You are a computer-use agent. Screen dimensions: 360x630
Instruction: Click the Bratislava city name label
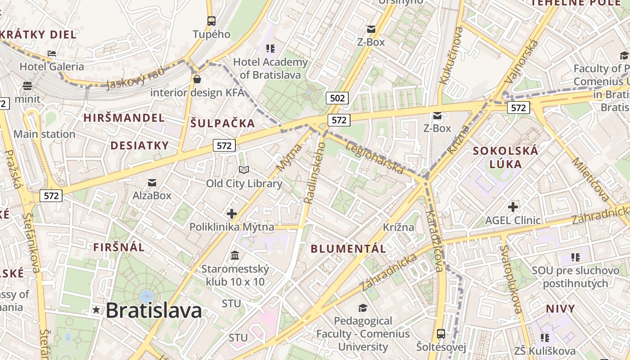click(153, 310)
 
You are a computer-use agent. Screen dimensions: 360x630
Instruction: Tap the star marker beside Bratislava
click(96, 310)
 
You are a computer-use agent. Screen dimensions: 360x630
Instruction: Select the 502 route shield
click(337, 98)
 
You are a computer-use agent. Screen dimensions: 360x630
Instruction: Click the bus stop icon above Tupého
click(211, 21)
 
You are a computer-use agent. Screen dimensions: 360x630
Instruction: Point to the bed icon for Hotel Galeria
click(52, 54)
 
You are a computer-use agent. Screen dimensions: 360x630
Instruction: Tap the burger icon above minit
click(27, 86)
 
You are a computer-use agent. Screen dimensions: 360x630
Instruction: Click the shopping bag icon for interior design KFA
click(197, 80)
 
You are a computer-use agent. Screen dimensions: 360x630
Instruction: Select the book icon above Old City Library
click(244, 170)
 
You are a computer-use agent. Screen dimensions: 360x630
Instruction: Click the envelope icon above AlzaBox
click(152, 183)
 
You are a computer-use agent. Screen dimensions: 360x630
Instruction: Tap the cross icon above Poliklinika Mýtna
click(232, 213)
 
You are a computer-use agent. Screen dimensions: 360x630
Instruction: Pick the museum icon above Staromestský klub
click(234, 256)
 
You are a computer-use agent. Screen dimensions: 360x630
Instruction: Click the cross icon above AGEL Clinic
click(513, 207)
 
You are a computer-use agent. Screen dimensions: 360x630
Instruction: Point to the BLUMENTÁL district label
click(348, 248)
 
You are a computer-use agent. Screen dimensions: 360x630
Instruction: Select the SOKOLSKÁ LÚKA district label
click(505, 157)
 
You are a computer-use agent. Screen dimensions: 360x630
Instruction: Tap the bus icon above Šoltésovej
click(441, 334)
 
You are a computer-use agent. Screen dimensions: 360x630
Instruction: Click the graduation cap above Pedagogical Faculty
click(363, 308)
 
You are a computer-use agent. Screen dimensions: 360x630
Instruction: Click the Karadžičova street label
click(434, 241)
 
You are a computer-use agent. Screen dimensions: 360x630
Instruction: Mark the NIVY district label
click(560, 309)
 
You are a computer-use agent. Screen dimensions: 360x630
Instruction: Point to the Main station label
click(44, 134)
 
